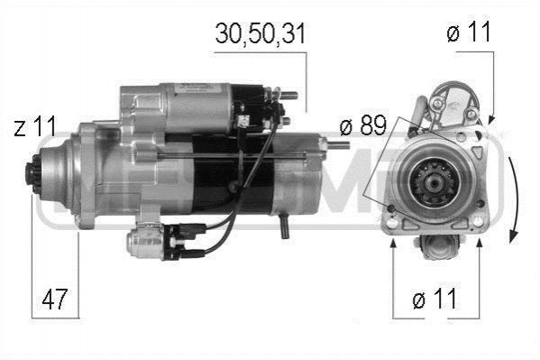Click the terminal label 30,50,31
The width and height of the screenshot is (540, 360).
pyautogui.click(x=261, y=34)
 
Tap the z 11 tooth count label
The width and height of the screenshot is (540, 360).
pyautogui.click(x=35, y=126)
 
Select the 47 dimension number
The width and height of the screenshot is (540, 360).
pyautogui.click(x=54, y=299)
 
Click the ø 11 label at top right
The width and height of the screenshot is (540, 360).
pyautogui.click(x=469, y=31)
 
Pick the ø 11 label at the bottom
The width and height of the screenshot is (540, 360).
pyautogui.click(x=435, y=299)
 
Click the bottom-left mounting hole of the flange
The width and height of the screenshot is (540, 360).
pyautogui.click(x=392, y=223)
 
